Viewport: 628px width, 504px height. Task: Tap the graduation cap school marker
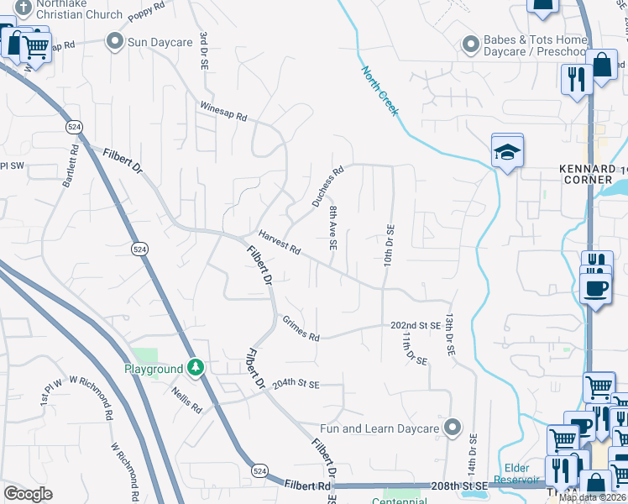click(x=507, y=151)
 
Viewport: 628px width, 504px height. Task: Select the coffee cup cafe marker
click(x=595, y=288)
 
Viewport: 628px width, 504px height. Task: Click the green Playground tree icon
click(x=196, y=368)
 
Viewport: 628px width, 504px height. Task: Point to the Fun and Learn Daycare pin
click(x=453, y=428)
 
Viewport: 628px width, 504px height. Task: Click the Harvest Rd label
click(x=280, y=244)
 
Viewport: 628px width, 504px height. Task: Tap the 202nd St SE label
click(x=416, y=325)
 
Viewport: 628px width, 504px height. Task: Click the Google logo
click(x=28, y=494)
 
